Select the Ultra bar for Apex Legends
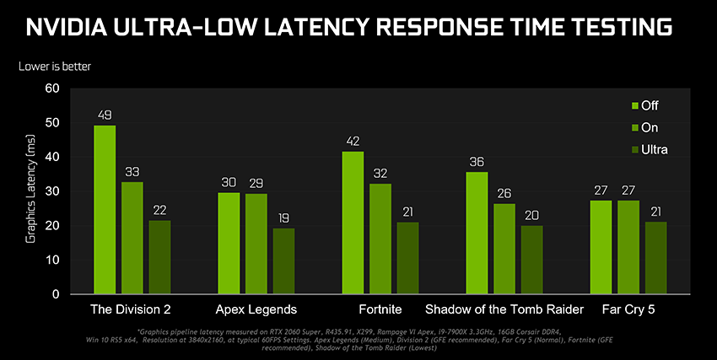pos(284,261)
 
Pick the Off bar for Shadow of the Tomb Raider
pos(477,233)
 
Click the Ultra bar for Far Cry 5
pos(655,258)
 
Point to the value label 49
pos(105,115)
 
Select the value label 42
pos(353,141)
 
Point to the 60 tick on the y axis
pos(52,88)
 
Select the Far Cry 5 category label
pos(628,309)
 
